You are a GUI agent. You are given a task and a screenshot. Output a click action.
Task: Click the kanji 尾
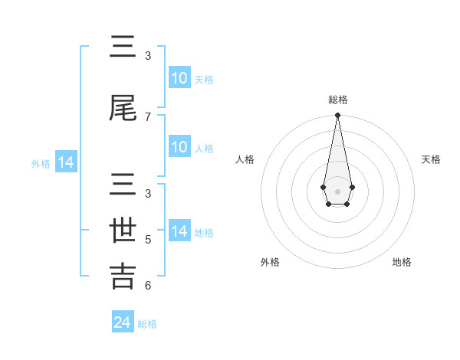click(123, 108)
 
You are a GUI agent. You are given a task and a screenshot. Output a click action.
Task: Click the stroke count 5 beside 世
click(148, 239)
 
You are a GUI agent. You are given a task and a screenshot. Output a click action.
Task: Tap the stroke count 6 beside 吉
click(148, 286)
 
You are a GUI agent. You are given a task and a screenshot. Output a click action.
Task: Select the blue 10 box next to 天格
click(179, 78)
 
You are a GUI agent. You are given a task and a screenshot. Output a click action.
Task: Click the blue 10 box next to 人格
click(179, 147)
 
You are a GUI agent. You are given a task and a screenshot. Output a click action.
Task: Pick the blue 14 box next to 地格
click(179, 231)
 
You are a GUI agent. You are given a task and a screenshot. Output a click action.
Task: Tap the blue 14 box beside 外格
click(65, 162)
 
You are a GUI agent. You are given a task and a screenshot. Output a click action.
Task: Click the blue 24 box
click(123, 323)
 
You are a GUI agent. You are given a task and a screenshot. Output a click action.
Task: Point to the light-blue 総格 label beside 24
click(147, 324)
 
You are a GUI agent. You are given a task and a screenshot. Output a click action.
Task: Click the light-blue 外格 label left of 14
click(41, 163)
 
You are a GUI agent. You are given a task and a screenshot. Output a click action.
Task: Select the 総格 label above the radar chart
click(338, 100)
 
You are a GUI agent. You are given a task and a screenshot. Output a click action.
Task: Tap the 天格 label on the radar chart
click(432, 159)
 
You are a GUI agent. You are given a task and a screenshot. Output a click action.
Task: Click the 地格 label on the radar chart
click(402, 262)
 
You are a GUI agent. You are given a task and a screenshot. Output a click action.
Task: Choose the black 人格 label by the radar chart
click(245, 159)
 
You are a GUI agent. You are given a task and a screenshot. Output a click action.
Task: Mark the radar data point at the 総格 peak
click(337, 116)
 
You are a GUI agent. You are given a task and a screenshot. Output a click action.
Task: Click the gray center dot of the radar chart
click(337, 190)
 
